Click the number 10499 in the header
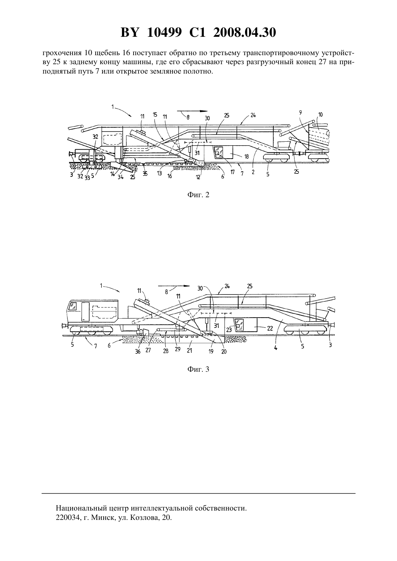tap(164, 32)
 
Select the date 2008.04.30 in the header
tap(245, 32)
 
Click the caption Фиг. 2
tap(198, 195)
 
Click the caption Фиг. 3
tap(198, 369)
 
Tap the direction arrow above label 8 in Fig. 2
tap(192, 111)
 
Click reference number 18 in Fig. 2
tap(247, 156)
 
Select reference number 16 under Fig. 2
tap(170, 176)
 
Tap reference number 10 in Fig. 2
tap(320, 115)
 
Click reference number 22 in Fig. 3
tap(270, 328)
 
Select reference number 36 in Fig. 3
tap(138, 352)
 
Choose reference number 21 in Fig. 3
tap(189, 350)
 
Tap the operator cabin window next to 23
tap(239, 324)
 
